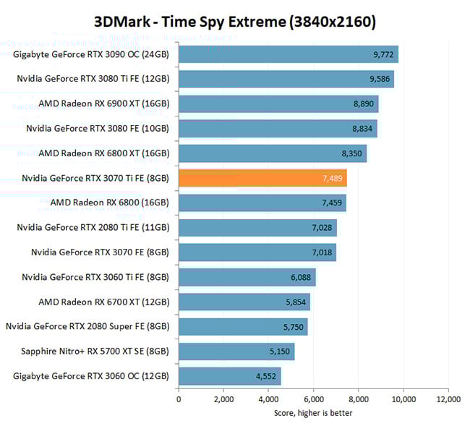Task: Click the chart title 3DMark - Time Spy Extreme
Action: [x=235, y=22]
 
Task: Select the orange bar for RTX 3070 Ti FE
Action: [x=262, y=178]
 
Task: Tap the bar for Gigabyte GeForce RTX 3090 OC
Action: [x=288, y=54]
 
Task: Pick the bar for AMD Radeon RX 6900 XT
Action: [x=278, y=104]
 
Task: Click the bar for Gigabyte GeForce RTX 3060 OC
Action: [x=229, y=376]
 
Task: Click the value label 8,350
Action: [x=352, y=153]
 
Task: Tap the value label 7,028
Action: [x=322, y=228]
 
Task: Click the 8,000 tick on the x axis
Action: [x=359, y=399]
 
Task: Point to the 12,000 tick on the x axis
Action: [x=448, y=399]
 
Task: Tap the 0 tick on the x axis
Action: [x=179, y=399]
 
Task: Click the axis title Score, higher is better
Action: [x=313, y=413]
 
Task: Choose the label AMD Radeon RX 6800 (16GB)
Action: [x=110, y=203]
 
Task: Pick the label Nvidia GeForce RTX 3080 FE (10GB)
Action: [x=98, y=129]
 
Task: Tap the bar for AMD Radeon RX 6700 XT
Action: [x=244, y=302]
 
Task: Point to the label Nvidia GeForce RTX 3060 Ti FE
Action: [x=95, y=278]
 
